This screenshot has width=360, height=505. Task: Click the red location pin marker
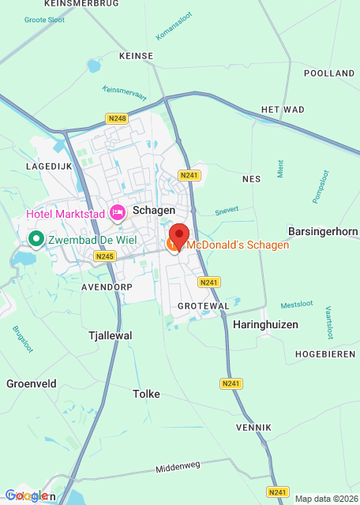pos(179,236)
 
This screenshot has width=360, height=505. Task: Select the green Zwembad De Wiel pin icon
pos(36,238)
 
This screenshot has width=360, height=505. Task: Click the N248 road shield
pos(116,118)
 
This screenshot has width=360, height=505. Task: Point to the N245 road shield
pos(104,256)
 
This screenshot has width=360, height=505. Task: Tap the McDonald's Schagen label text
pos(238,245)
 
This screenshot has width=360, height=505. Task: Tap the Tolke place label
pos(146,394)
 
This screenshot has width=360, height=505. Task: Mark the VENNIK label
pos(253,427)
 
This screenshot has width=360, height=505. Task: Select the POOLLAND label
pos(329,73)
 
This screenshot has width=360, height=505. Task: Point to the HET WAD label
pos(282,110)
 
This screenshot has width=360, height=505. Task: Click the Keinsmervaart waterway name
pos(125,92)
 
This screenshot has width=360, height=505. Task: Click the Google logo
pos(26,496)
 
